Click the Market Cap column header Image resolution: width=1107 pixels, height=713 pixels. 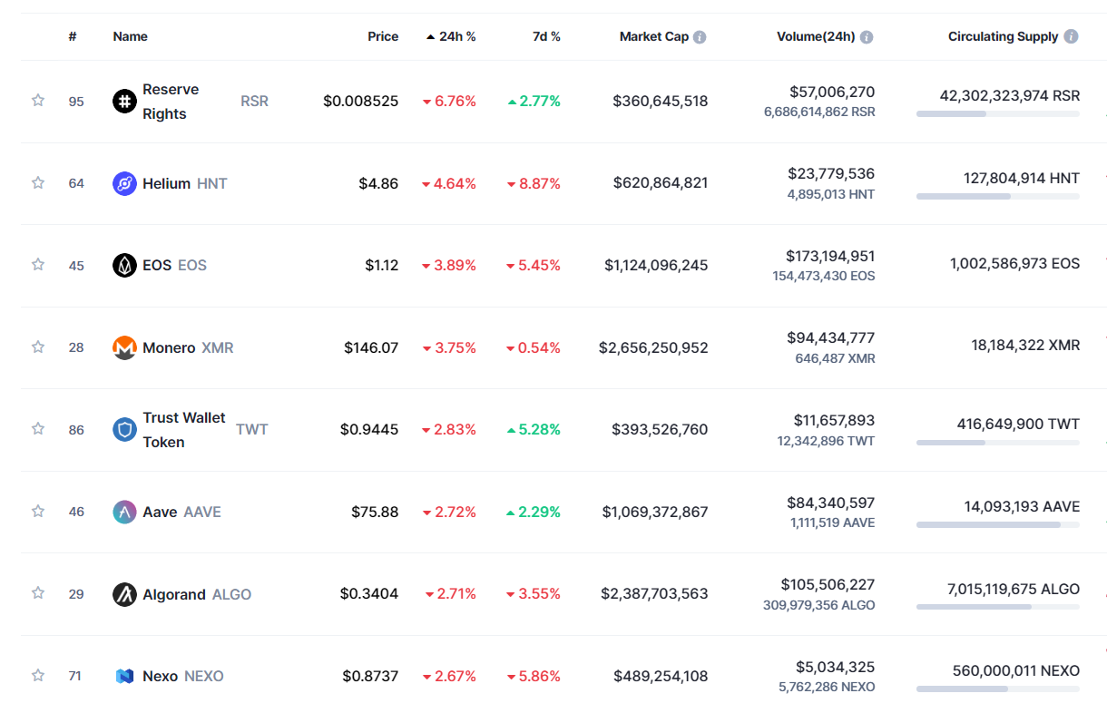(x=653, y=37)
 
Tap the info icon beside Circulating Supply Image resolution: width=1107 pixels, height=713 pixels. (x=1071, y=37)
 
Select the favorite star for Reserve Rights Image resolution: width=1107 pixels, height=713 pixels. (x=38, y=101)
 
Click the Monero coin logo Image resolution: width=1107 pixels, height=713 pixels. (x=124, y=347)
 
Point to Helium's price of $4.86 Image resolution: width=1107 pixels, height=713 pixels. (x=377, y=183)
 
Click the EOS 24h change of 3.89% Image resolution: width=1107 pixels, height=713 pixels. (x=455, y=265)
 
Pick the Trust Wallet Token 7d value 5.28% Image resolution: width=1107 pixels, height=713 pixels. (x=539, y=429)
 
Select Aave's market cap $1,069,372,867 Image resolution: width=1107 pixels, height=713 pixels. (x=654, y=512)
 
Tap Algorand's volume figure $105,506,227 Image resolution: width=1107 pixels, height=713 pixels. (x=828, y=584)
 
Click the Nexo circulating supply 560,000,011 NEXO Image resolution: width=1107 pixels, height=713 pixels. (x=1015, y=671)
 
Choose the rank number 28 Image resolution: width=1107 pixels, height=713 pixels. (x=76, y=347)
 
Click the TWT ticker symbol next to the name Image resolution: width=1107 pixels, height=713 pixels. (x=252, y=429)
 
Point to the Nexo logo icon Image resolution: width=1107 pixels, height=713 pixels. (x=124, y=676)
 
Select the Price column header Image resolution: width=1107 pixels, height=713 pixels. (x=383, y=37)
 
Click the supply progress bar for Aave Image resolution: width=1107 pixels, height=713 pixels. (x=997, y=524)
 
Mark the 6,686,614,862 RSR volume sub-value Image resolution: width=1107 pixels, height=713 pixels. (x=819, y=112)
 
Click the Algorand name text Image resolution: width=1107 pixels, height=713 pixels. (x=173, y=594)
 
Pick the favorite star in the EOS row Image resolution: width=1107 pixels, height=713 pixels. (x=38, y=265)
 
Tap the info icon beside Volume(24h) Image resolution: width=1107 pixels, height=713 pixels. (x=867, y=37)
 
